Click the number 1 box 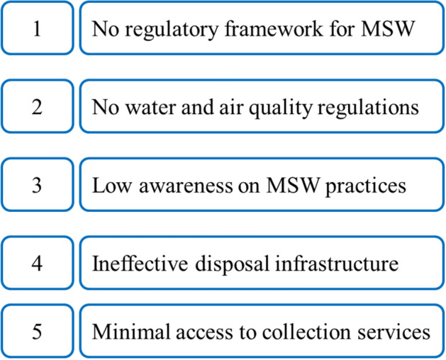tap(36, 28)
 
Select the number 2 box tap(36, 107)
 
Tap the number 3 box tap(36, 186)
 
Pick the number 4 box tap(36, 264)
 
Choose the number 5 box tap(36, 331)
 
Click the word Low tap(108, 186)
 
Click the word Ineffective tap(132, 264)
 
